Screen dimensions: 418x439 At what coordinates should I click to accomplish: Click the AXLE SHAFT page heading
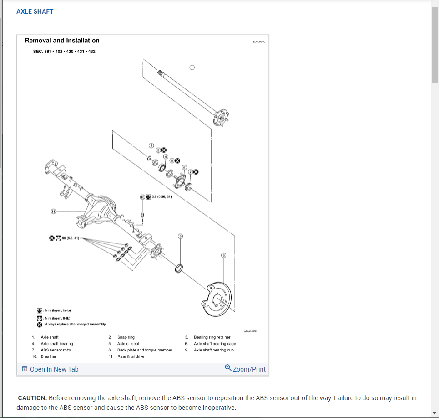(x=35, y=11)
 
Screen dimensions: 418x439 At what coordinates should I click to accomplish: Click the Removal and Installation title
(x=62, y=41)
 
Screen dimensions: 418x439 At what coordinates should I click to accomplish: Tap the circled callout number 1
(x=192, y=67)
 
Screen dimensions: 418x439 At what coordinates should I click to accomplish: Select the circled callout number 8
(x=223, y=255)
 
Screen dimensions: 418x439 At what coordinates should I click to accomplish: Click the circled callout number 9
(x=180, y=237)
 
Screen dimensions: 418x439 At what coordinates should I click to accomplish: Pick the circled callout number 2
(x=151, y=146)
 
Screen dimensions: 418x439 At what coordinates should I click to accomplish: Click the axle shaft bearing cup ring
(x=179, y=268)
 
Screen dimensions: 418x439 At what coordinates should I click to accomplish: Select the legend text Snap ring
(x=126, y=337)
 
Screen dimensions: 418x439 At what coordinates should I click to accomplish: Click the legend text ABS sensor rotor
(x=56, y=350)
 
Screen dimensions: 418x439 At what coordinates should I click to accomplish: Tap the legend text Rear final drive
(x=131, y=356)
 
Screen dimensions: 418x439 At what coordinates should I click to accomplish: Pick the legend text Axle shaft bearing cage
(x=215, y=344)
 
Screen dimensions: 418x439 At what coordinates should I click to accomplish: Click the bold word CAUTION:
(x=32, y=398)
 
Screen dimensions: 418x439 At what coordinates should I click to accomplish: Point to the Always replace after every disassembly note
(x=76, y=324)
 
